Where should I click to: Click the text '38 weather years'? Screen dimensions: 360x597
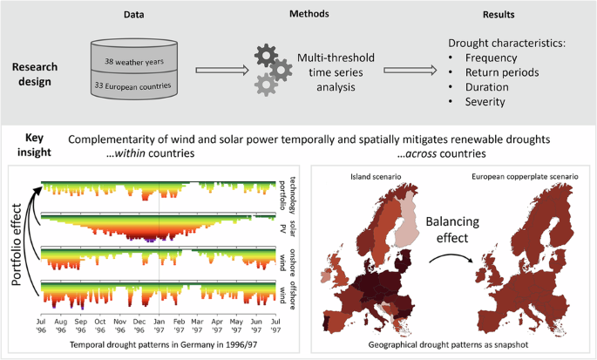tap(146, 63)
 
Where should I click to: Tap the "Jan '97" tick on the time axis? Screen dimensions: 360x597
tap(159, 327)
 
